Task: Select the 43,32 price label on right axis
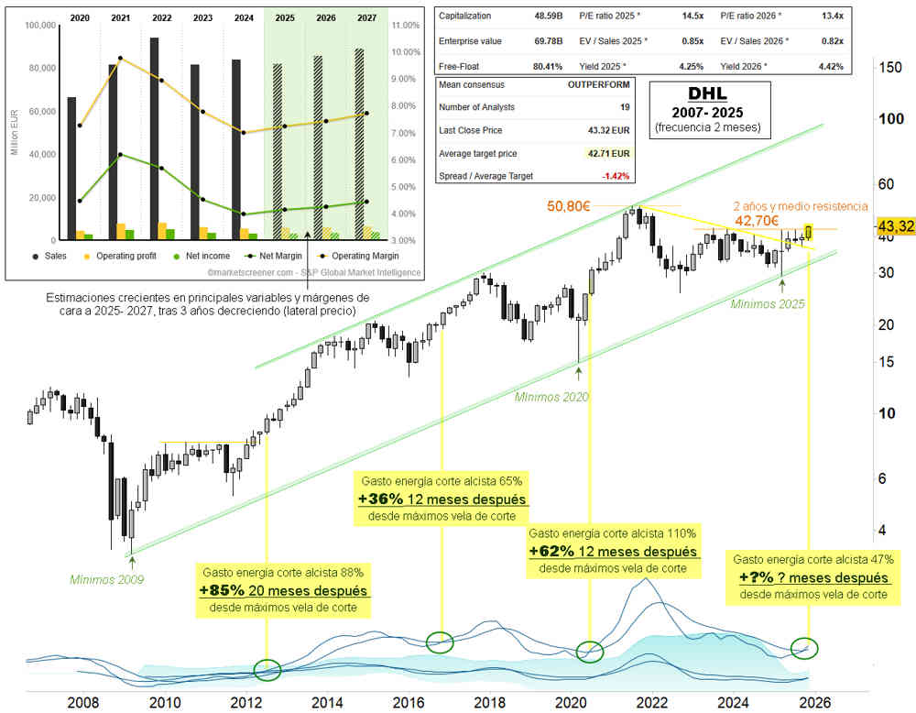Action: click(896, 226)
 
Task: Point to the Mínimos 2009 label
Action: click(107, 579)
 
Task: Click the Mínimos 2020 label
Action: click(551, 397)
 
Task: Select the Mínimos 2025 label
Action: click(768, 302)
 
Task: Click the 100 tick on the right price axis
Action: click(886, 118)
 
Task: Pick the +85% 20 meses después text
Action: click(285, 590)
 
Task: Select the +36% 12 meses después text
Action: click(442, 499)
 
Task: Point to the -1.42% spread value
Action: click(612, 175)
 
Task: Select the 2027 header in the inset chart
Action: click(366, 17)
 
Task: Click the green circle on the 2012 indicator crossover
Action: click(267, 670)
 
